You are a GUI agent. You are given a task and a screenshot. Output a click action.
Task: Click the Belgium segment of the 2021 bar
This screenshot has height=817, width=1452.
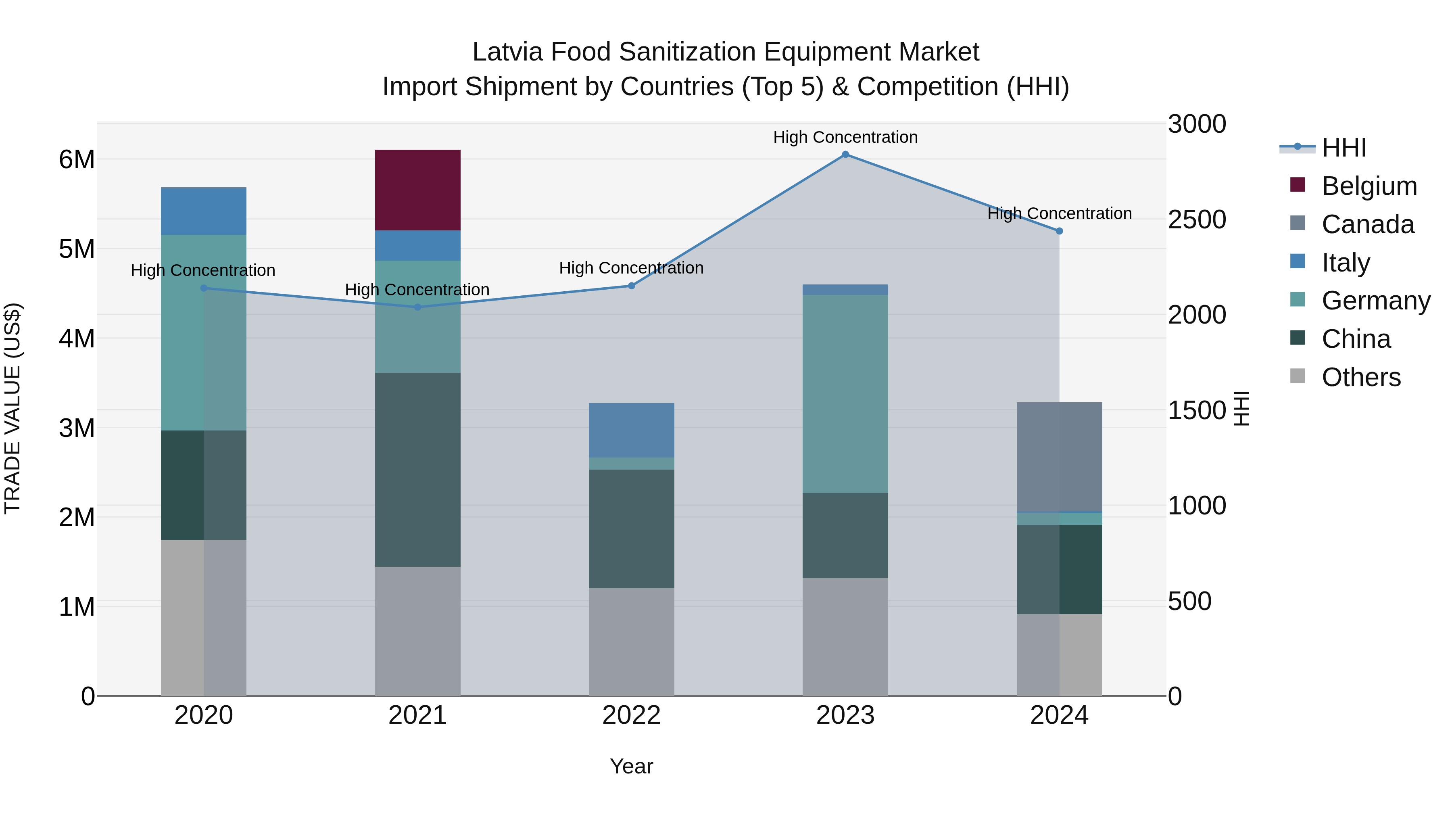pos(418,190)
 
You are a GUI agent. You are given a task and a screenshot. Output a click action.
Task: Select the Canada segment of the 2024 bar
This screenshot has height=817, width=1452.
pos(1059,457)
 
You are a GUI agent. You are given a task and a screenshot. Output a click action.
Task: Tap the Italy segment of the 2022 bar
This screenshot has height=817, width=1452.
pos(631,430)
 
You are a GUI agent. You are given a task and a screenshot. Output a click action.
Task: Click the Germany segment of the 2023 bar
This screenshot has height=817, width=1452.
pos(845,393)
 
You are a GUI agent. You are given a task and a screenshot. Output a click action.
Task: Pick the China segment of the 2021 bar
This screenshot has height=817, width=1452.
pos(418,470)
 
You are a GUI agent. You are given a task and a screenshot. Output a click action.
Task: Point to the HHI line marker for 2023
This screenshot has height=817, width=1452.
pos(845,155)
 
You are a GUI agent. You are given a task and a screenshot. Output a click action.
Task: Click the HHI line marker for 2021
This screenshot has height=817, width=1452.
pos(418,307)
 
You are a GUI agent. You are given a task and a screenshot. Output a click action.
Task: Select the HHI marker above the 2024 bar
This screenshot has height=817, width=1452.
pos(1059,231)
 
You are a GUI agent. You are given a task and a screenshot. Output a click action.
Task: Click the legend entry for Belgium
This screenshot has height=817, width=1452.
pos(1369,186)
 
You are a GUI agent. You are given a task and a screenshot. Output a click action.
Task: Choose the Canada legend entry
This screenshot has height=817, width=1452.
pos(1367,224)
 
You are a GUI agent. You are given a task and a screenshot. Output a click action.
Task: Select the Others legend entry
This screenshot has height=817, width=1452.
pos(1361,377)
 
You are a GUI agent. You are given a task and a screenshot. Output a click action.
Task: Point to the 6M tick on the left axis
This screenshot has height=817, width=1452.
pos(77,159)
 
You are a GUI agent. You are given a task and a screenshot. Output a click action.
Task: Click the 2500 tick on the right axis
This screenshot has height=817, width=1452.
pos(1196,219)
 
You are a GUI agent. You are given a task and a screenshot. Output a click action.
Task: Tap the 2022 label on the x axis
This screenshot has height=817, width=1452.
pos(631,715)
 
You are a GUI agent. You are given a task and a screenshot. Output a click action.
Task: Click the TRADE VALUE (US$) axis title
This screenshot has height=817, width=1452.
pos(13,409)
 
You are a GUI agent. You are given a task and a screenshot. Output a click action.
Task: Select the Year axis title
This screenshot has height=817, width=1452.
pos(631,766)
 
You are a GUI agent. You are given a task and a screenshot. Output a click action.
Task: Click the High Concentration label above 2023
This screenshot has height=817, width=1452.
pos(845,137)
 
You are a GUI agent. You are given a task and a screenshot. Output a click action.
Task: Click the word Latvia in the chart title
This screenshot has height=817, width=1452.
pos(509,52)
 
